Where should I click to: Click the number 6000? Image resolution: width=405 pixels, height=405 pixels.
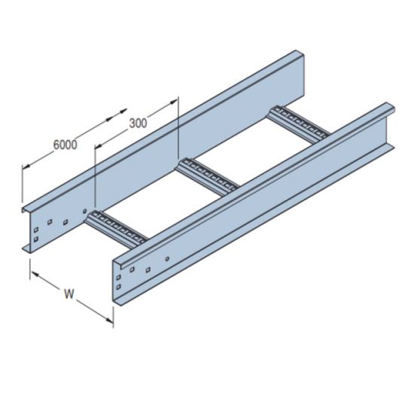tap(65, 146)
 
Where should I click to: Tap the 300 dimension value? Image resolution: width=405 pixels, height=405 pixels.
tap(138, 123)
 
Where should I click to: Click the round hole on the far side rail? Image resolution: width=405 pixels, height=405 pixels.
tap(85, 211)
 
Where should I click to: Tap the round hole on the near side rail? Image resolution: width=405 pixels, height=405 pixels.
tap(167, 260)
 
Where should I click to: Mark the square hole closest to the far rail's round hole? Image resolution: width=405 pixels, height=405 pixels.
tap(65, 221)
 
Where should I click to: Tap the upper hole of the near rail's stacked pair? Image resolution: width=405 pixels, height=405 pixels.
tap(119, 277)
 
